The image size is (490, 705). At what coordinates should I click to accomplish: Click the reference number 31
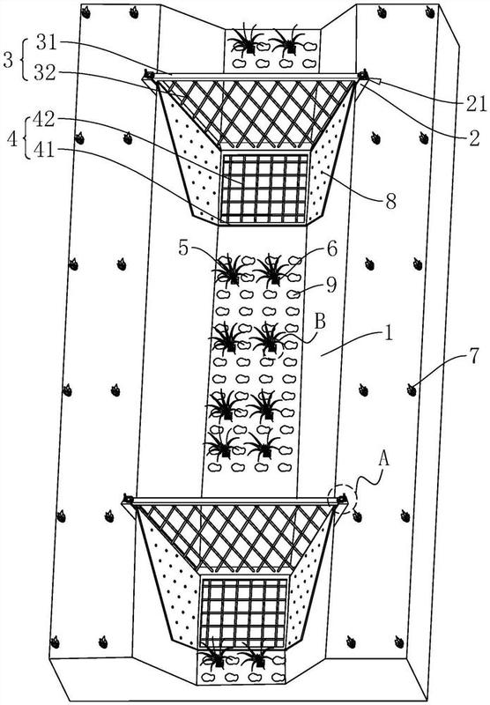point(47,43)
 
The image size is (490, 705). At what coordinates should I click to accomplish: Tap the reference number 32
point(45,72)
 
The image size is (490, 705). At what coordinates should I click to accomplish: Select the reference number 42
point(43,120)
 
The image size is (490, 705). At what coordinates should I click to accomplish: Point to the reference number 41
point(43,150)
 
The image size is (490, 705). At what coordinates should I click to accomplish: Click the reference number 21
point(477,104)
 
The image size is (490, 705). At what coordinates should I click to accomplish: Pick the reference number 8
point(390,202)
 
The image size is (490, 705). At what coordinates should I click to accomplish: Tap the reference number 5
point(183,248)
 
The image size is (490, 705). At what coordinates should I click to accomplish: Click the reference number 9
point(331,285)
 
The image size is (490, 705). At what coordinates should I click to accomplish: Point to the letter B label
point(320,322)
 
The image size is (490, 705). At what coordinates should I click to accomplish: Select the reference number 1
point(388,334)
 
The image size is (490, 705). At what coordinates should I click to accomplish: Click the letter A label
point(383,459)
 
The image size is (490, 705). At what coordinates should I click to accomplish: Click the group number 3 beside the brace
point(9,59)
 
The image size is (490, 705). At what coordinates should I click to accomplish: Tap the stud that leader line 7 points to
point(412,390)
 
